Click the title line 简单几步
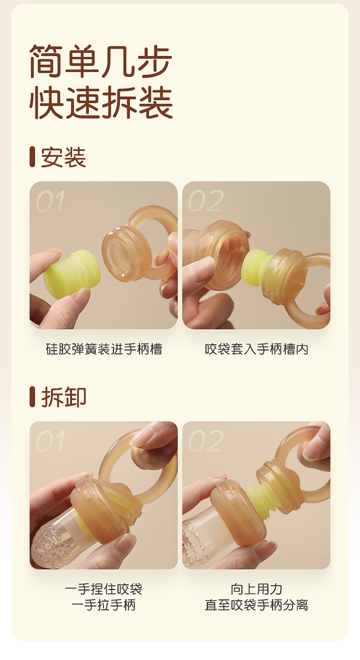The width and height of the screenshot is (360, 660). point(101,61)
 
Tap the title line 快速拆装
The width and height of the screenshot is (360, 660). point(101,102)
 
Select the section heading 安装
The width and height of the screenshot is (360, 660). point(63,157)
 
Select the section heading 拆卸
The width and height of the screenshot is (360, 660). point(63,397)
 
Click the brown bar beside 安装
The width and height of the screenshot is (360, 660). point(32,157)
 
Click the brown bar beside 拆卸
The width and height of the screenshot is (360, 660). point(32,397)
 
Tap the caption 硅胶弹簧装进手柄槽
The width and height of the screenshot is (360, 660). point(104,349)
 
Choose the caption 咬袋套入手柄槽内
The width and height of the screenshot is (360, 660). point(257,349)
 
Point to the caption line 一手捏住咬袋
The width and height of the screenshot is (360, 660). point(104,589)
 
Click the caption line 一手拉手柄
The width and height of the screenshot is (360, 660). point(104,605)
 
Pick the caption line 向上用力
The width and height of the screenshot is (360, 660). point(257,589)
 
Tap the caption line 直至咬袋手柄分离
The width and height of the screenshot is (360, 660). point(257,605)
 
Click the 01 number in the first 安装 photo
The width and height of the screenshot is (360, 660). point(50,201)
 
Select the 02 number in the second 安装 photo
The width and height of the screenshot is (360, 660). point(206,201)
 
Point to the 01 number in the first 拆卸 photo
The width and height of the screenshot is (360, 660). point(50,441)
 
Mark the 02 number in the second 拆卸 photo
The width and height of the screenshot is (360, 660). point(206,441)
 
